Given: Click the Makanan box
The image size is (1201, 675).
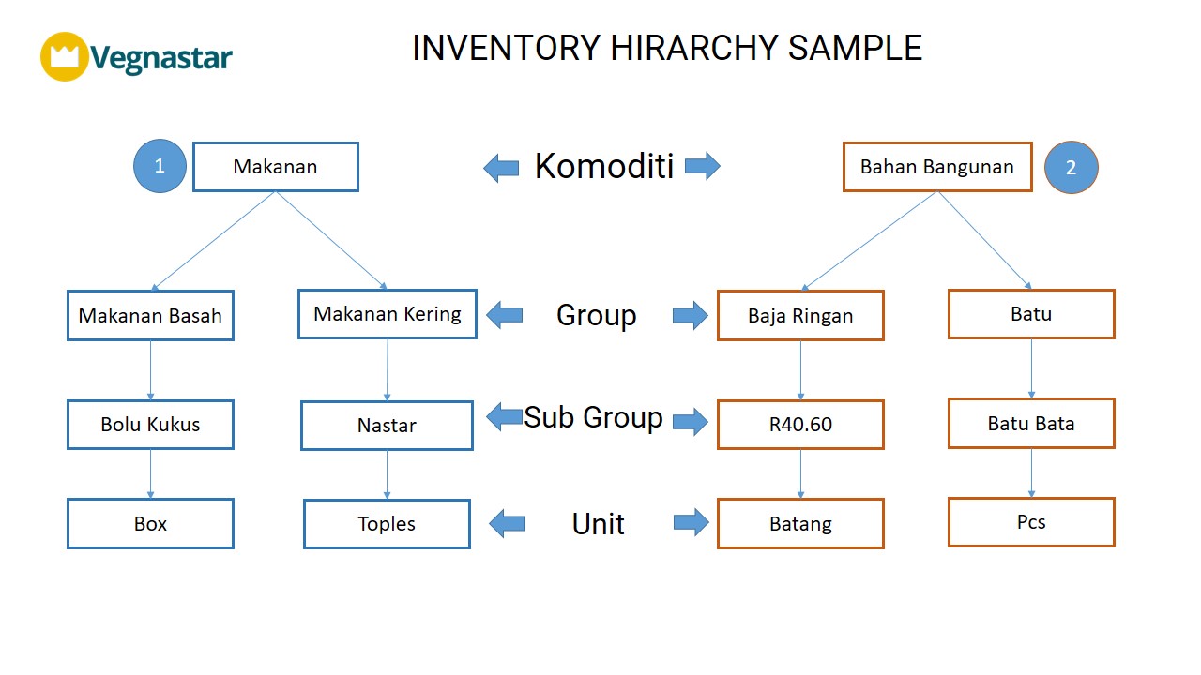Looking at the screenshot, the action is (x=276, y=167).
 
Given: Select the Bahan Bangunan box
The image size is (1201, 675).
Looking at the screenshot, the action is (x=937, y=167).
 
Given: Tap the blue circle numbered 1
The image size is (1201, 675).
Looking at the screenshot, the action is (x=160, y=166).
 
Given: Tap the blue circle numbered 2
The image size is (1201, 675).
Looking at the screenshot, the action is (x=1072, y=167).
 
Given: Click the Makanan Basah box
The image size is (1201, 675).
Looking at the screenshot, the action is (x=151, y=316).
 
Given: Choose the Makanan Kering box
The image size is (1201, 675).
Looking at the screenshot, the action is (x=388, y=314).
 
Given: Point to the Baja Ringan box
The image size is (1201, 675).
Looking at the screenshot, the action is (x=800, y=316).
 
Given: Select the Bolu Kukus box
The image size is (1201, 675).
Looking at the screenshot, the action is (x=151, y=425).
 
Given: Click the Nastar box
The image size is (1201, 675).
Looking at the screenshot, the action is (x=388, y=426).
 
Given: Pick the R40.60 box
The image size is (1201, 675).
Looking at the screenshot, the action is (x=800, y=425).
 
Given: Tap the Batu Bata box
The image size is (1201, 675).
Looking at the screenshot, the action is (x=1031, y=423).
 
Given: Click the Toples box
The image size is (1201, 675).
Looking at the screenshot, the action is (x=388, y=524).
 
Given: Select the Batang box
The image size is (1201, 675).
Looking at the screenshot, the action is (x=800, y=523).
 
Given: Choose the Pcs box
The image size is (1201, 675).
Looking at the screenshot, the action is (x=1031, y=522).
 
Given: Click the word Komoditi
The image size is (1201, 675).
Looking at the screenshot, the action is (x=604, y=166).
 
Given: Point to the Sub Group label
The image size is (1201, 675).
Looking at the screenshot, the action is (x=593, y=417).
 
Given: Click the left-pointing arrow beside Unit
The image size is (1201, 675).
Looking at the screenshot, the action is (x=508, y=523).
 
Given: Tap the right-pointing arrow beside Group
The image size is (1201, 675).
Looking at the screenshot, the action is (x=690, y=315).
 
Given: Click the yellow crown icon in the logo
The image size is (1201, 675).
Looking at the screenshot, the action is (x=65, y=56).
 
